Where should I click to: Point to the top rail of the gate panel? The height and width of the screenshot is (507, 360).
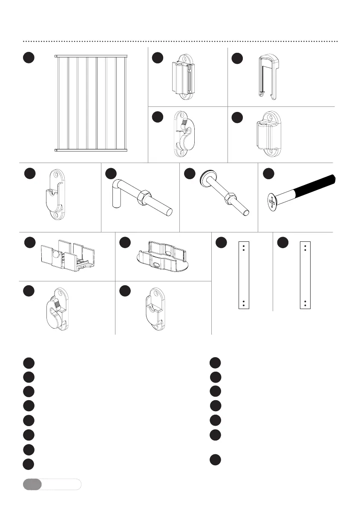click(x=92, y=56)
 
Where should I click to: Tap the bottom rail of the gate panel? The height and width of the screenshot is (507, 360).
click(x=92, y=150)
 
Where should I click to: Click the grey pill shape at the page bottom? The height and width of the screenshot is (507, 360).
click(x=32, y=484)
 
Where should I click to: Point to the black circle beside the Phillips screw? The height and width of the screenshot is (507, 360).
click(x=268, y=174)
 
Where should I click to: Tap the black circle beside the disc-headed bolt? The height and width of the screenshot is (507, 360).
click(x=190, y=174)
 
